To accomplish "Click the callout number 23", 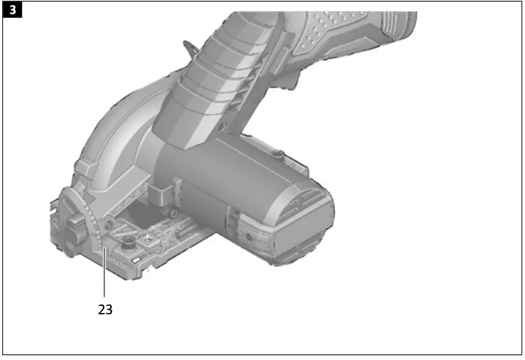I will click(x=105, y=309).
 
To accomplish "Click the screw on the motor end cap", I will click(x=248, y=238).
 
